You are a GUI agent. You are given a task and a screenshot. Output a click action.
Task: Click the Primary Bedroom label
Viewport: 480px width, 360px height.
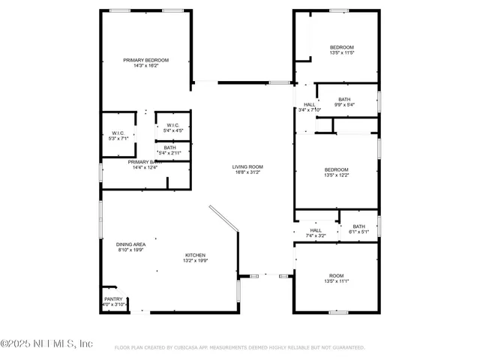click(x=146, y=60)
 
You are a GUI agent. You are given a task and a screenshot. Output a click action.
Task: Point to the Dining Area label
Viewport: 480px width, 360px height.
click(x=130, y=244)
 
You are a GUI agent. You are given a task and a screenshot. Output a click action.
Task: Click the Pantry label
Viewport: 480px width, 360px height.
click(x=112, y=298)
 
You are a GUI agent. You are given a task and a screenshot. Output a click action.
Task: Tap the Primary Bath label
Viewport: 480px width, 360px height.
click(x=145, y=162)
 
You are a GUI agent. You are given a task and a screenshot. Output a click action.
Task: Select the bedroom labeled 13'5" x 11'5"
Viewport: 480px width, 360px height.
click(x=341, y=47)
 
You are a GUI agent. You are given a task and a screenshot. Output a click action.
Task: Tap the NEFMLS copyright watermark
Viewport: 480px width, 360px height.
click(x=46, y=343)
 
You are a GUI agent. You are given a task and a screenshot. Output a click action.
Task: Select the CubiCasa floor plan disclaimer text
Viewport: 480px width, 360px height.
click(x=239, y=348)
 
